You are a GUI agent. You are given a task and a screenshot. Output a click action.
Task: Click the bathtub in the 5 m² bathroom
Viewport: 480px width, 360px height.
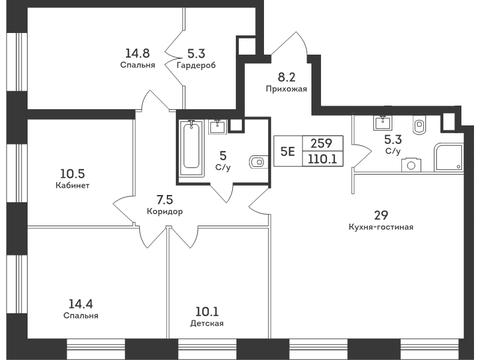point(191,148)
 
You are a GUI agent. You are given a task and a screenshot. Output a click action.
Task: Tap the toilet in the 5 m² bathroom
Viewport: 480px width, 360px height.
point(259,161)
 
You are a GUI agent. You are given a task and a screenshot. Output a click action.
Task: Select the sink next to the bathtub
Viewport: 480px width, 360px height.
point(218,127)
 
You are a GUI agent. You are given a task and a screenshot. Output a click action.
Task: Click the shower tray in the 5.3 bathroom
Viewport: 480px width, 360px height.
point(448,157)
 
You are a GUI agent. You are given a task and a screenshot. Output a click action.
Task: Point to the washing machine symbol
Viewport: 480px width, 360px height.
point(411,165)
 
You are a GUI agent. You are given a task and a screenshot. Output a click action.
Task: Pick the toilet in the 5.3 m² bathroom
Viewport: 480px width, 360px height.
point(419,125)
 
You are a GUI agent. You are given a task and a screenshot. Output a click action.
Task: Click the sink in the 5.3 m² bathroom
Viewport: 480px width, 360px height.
point(383,123)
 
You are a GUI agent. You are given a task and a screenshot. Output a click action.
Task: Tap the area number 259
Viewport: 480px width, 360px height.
point(322,143)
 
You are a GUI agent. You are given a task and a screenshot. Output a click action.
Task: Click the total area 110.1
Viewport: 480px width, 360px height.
point(322,159)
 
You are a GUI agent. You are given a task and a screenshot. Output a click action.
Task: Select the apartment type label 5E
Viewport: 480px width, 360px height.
point(288,151)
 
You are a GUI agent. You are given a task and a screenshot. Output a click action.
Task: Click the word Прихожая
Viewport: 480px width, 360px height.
point(286,89)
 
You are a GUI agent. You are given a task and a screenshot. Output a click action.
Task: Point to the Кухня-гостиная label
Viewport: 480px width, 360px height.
point(381,227)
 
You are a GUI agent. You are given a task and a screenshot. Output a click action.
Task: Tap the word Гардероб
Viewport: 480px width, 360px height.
point(196,65)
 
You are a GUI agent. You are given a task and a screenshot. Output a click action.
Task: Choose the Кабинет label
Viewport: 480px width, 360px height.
point(73,185)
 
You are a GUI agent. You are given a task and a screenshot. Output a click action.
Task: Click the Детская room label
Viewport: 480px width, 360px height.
point(207,323)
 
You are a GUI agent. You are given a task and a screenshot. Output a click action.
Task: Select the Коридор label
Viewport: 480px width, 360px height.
point(164,212)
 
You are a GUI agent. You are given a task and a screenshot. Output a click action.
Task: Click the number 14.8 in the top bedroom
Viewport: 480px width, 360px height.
point(137,53)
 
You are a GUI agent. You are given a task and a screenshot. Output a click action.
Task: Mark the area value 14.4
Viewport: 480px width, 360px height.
point(80,304)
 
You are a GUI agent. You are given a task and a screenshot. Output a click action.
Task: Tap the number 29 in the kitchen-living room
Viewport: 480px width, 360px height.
point(381,215)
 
